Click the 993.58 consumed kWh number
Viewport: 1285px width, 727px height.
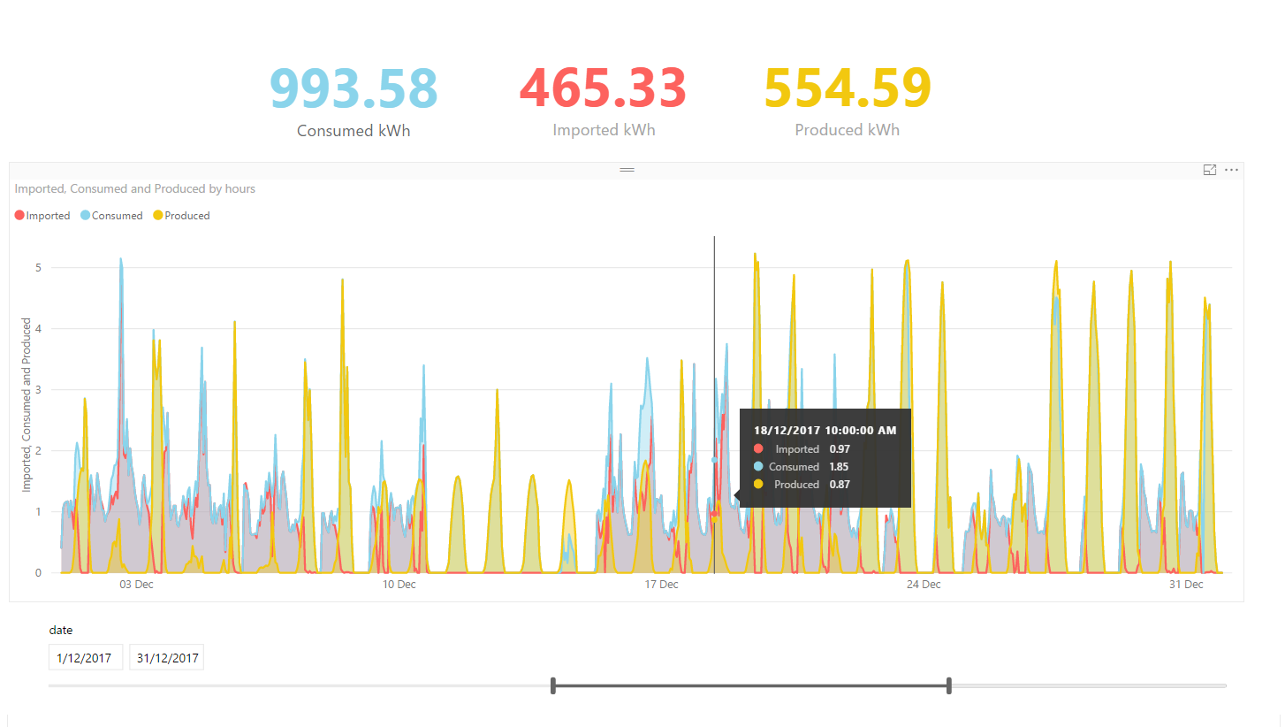pyautogui.click(x=354, y=88)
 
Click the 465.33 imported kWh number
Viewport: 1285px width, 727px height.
pyautogui.click(x=604, y=88)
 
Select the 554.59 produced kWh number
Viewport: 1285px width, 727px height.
pyautogui.click(x=848, y=88)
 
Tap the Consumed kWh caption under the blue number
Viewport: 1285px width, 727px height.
pyautogui.click(x=354, y=131)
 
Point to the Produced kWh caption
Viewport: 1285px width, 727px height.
pyautogui.click(x=847, y=130)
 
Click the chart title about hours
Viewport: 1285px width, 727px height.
pyautogui.click(x=135, y=188)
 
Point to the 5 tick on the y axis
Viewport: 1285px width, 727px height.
pyautogui.click(x=39, y=268)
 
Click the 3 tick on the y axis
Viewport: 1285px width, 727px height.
pyautogui.click(x=39, y=390)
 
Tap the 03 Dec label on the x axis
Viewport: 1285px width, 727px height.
pyautogui.click(x=136, y=585)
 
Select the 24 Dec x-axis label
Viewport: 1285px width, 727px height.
pyautogui.click(x=924, y=585)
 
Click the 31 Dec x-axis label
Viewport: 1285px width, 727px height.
pyautogui.click(x=1186, y=585)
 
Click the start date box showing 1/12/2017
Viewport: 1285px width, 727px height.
pyautogui.click(x=85, y=658)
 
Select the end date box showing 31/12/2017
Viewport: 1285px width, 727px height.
pyautogui.click(x=166, y=658)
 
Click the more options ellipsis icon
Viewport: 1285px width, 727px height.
pyautogui.click(x=1231, y=170)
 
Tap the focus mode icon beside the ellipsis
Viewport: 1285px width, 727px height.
pyautogui.click(x=1210, y=170)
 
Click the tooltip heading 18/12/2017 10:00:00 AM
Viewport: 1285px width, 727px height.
pyautogui.click(x=825, y=431)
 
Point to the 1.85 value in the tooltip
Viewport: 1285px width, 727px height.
pyautogui.click(x=839, y=467)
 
